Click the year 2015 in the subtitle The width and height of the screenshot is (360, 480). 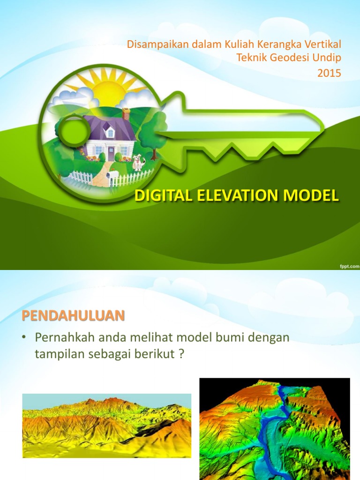pyautogui.click(x=329, y=73)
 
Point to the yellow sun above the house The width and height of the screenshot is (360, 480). pyautogui.click(x=108, y=89)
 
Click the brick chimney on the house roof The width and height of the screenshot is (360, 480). pyautogui.click(x=126, y=113)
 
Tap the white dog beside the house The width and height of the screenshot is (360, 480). pyautogui.click(x=137, y=163)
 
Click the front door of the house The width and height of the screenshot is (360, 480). pyautogui.click(x=111, y=153)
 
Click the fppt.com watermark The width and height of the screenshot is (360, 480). pyautogui.click(x=349, y=266)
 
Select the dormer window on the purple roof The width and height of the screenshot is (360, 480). pyautogui.click(x=110, y=133)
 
